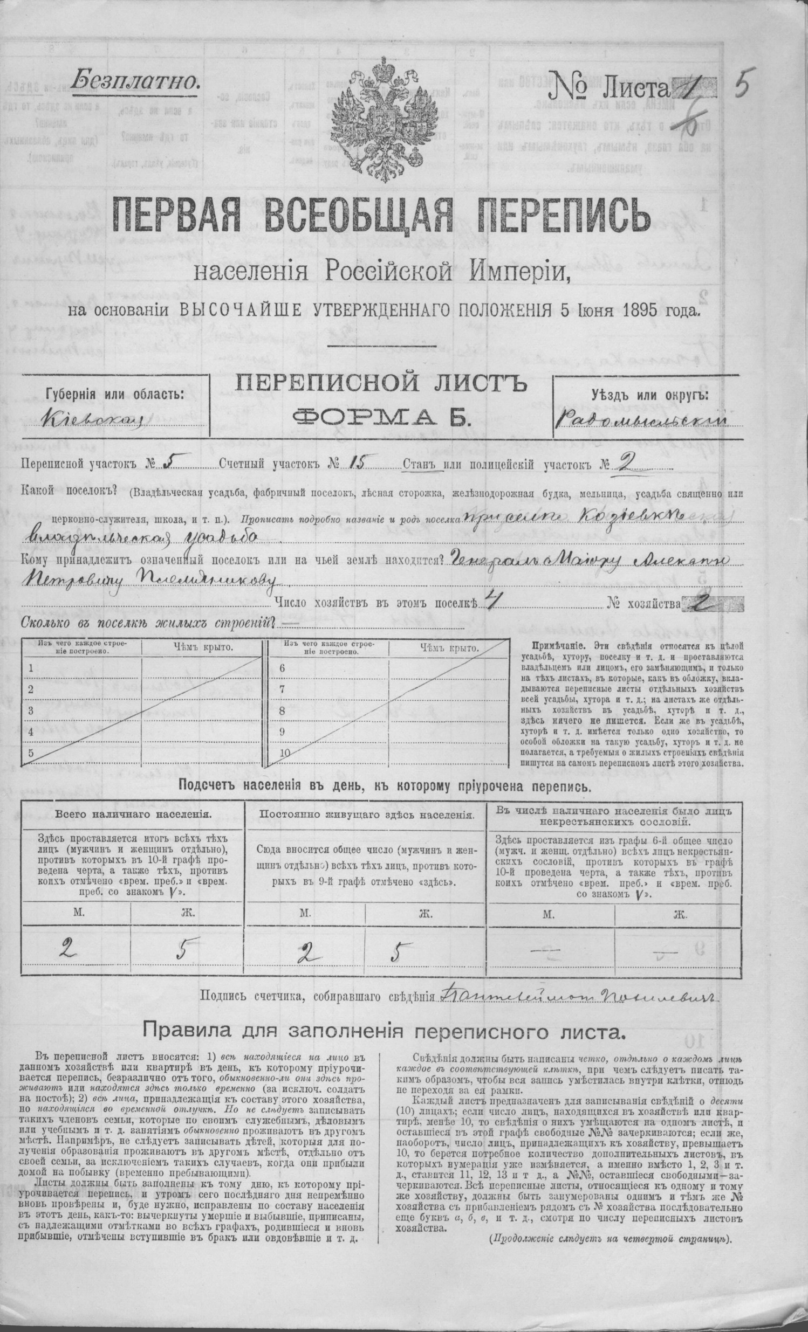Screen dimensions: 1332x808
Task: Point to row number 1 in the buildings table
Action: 31,668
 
